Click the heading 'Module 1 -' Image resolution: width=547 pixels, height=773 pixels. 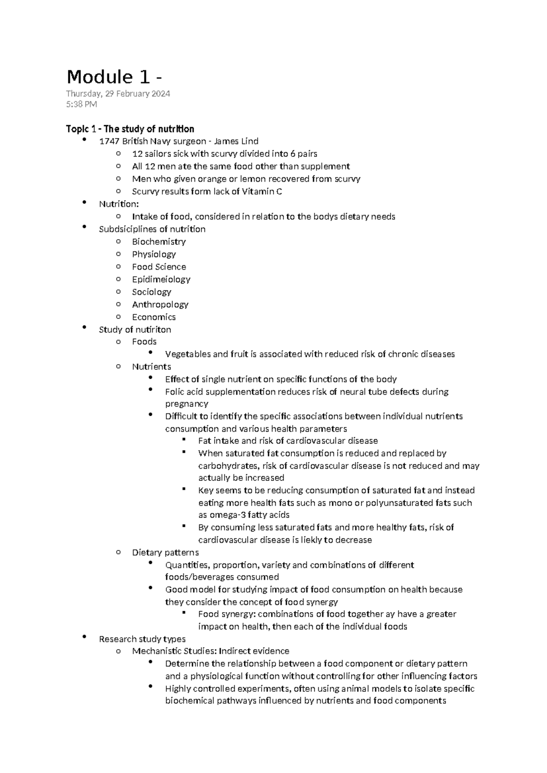[114, 77]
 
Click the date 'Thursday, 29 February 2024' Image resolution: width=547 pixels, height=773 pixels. [118, 94]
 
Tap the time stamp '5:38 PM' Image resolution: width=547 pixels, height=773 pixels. [82, 104]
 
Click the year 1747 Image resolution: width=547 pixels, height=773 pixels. [108, 141]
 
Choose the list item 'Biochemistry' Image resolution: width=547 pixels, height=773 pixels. [159, 242]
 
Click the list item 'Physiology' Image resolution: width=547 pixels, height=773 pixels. [154, 254]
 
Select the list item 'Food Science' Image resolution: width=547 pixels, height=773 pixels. [159, 267]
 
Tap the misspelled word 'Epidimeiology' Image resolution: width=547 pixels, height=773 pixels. [161, 279]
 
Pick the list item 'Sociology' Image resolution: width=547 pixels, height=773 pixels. [151, 292]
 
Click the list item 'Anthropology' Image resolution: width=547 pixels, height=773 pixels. [160, 304]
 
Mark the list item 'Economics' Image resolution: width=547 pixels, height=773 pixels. [154, 317]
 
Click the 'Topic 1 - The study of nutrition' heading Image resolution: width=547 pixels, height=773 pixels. [130, 129]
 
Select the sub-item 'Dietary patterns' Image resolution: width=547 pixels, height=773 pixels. [165, 552]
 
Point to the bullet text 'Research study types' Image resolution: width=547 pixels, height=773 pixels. [142, 639]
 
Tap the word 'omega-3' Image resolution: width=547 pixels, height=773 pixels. [227, 515]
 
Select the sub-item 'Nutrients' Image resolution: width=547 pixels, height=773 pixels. [151, 366]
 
